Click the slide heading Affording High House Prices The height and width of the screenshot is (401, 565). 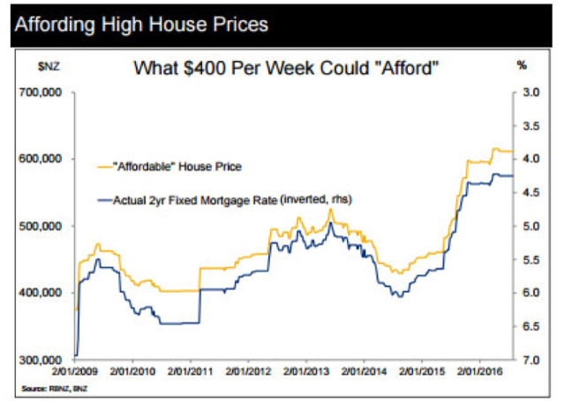pos(139,24)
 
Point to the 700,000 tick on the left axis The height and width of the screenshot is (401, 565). pos(41,92)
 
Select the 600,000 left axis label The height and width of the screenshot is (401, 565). pos(41,159)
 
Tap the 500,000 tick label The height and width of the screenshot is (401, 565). pos(41,226)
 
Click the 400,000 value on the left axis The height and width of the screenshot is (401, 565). pos(41,293)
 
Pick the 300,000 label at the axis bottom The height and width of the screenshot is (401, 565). pos(41,360)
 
